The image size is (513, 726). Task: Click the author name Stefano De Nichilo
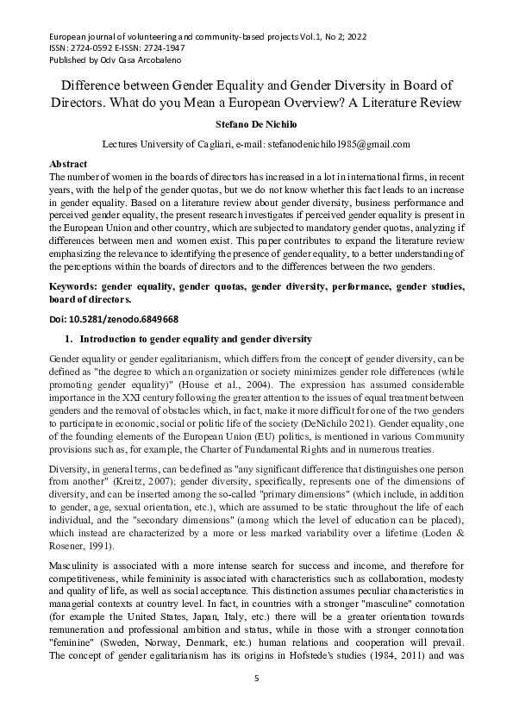[x=256, y=123]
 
